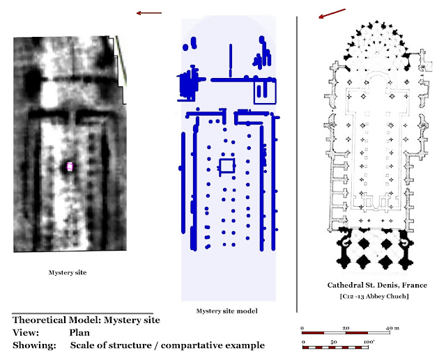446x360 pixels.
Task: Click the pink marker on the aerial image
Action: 70,166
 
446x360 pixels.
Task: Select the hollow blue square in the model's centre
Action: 226,165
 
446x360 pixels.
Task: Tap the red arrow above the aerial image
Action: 148,13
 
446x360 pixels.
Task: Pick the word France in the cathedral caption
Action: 412,285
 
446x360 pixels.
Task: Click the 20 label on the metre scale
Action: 346,327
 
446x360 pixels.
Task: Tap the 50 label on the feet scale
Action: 334,343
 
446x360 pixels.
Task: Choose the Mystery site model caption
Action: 225,311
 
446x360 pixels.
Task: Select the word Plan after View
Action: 79,333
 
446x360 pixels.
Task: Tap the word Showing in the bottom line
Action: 32,345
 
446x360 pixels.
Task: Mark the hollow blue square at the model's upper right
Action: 263,92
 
